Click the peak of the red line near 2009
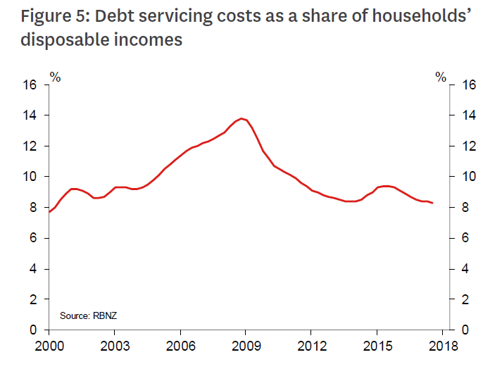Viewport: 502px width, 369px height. pos(242,118)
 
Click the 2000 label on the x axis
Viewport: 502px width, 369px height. pos(48,346)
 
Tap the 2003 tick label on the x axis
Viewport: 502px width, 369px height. pos(115,346)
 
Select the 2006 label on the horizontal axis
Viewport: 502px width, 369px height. pos(181,346)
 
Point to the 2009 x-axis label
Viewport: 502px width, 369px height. pos(247,346)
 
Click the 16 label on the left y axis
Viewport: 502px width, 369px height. pos(30,85)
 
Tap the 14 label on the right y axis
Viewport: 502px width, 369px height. pos(470,115)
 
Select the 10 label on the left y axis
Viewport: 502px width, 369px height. pos(30,177)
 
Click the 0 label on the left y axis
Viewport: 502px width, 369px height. pos(32,330)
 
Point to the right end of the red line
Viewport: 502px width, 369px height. pos(432,203)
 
